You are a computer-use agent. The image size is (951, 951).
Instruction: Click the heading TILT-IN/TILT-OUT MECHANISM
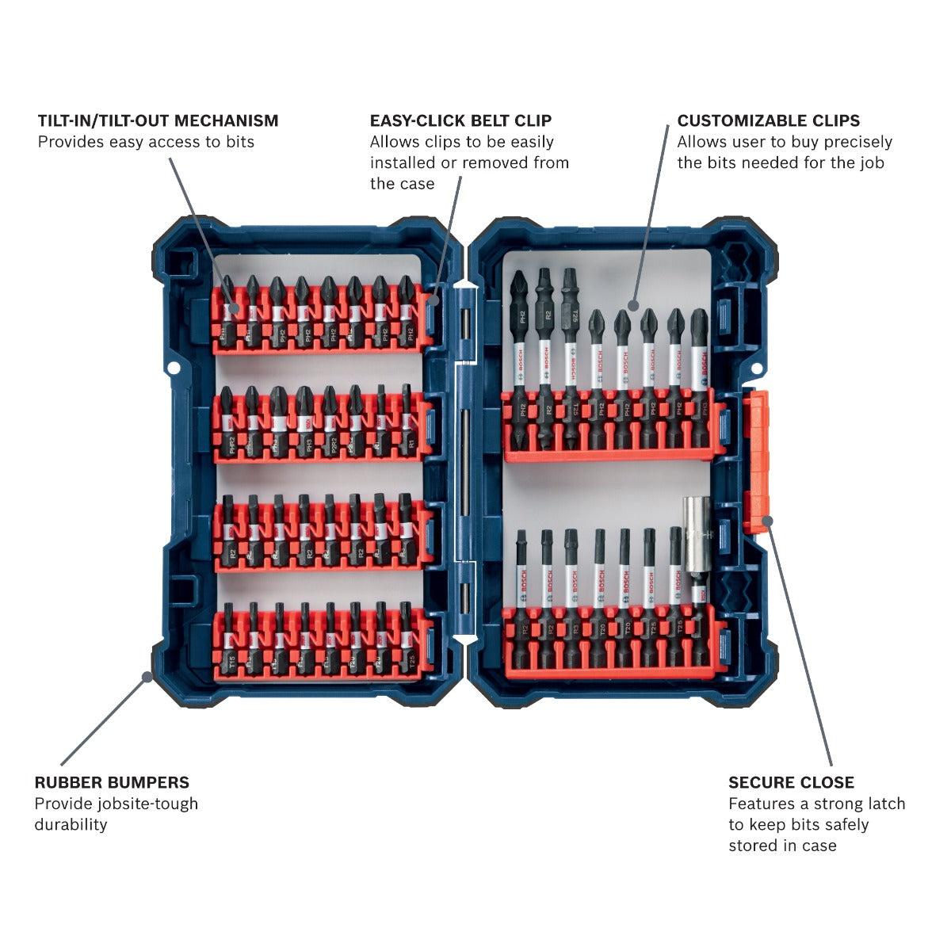[x=158, y=120]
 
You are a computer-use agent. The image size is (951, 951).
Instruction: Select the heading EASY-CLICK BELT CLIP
[x=460, y=120]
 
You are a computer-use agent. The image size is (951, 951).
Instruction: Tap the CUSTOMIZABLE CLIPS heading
[x=768, y=120]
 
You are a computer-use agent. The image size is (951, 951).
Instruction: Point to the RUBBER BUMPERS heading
[x=112, y=782]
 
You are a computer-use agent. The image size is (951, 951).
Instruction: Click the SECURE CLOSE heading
[x=791, y=782]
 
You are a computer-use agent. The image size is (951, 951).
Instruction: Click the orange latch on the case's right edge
[x=757, y=460]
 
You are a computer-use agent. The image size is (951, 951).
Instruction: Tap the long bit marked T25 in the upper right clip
[x=570, y=357]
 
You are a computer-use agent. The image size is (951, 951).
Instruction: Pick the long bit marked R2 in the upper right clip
[x=544, y=357]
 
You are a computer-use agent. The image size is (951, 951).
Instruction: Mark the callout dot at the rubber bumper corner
[x=147, y=676]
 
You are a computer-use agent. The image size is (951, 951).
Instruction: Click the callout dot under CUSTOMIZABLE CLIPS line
[x=633, y=305]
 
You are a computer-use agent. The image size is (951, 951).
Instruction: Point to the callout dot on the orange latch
[x=766, y=521]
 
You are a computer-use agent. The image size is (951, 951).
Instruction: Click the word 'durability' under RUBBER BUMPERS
[x=71, y=824]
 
